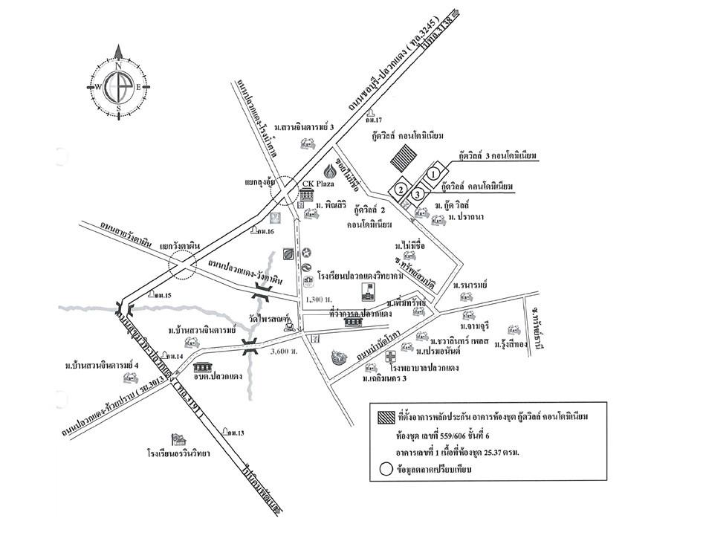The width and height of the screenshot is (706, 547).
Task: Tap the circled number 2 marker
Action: pyautogui.click(x=401, y=190)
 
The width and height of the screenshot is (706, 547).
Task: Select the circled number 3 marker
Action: pyautogui.click(x=419, y=194)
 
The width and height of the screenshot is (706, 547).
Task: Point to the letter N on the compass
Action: pyautogui.click(x=118, y=65)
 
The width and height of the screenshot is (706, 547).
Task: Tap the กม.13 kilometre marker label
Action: pyautogui.click(x=237, y=433)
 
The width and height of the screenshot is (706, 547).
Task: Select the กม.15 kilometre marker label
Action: pyautogui.click(x=161, y=295)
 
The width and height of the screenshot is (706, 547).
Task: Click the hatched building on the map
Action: pyautogui.click(x=405, y=158)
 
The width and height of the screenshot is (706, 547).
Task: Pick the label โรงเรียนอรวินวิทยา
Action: pyautogui.click(x=178, y=452)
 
